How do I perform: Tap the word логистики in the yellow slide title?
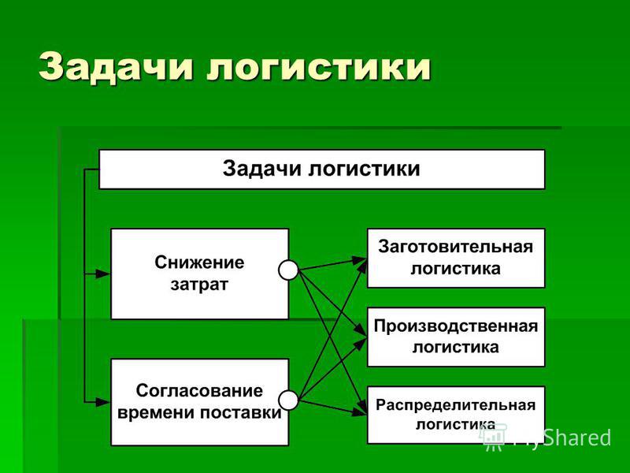[319, 67]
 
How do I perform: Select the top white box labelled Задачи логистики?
[322, 169]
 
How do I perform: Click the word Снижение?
[199, 263]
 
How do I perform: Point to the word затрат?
[199, 285]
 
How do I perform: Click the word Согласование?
[199, 390]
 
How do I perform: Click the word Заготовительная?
[456, 247]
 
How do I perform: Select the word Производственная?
[456, 326]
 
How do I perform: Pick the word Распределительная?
[456, 405]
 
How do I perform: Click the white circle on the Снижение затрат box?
[288, 270]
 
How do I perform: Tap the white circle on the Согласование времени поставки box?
[288, 400]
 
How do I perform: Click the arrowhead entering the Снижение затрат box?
[103, 274]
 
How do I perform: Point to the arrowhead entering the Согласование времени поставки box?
[103, 401]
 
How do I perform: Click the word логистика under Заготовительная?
[456, 269]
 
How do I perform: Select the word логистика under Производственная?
[456, 347]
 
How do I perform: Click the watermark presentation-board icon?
[493, 438]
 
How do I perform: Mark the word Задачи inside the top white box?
[262, 168]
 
